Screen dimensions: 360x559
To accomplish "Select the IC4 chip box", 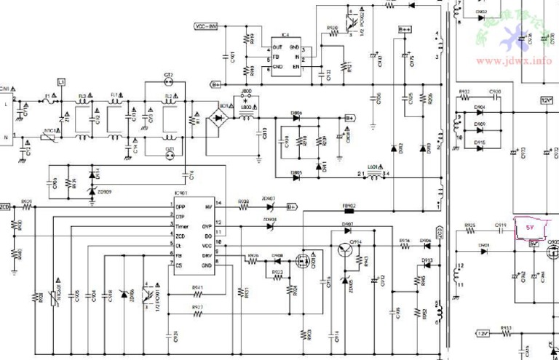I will pyautogui.click(x=285, y=57).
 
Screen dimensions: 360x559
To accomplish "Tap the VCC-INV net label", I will pyautogui.click(x=207, y=27).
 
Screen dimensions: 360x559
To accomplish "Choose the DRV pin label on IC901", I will pyautogui.click(x=207, y=256).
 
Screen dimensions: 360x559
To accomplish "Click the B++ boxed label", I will pyautogui.click(x=405, y=28).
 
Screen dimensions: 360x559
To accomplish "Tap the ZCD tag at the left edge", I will pyautogui.click(x=5, y=207).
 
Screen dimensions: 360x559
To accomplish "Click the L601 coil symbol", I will pyautogui.click(x=373, y=174).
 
